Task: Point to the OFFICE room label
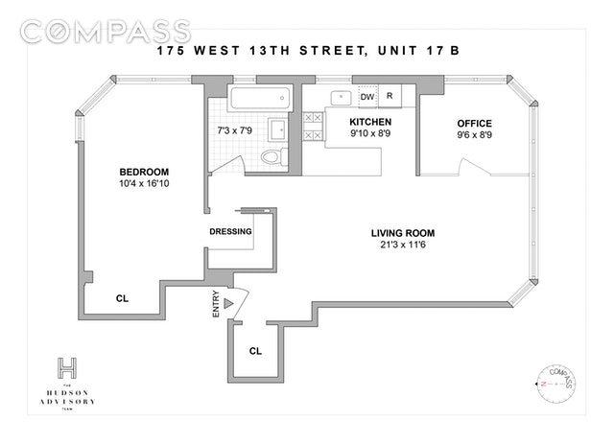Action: tap(473, 124)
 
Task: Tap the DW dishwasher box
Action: tap(366, 97)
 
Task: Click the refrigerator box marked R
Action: tap(390, 97)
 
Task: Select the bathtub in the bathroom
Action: tap(258, 98)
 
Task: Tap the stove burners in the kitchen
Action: tap(313, 127)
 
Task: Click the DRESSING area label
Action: tap(230, 232)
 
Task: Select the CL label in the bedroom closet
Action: tap(122, 299)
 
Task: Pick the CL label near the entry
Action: tap(255, 351)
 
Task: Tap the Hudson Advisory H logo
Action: tap(67, 367)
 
